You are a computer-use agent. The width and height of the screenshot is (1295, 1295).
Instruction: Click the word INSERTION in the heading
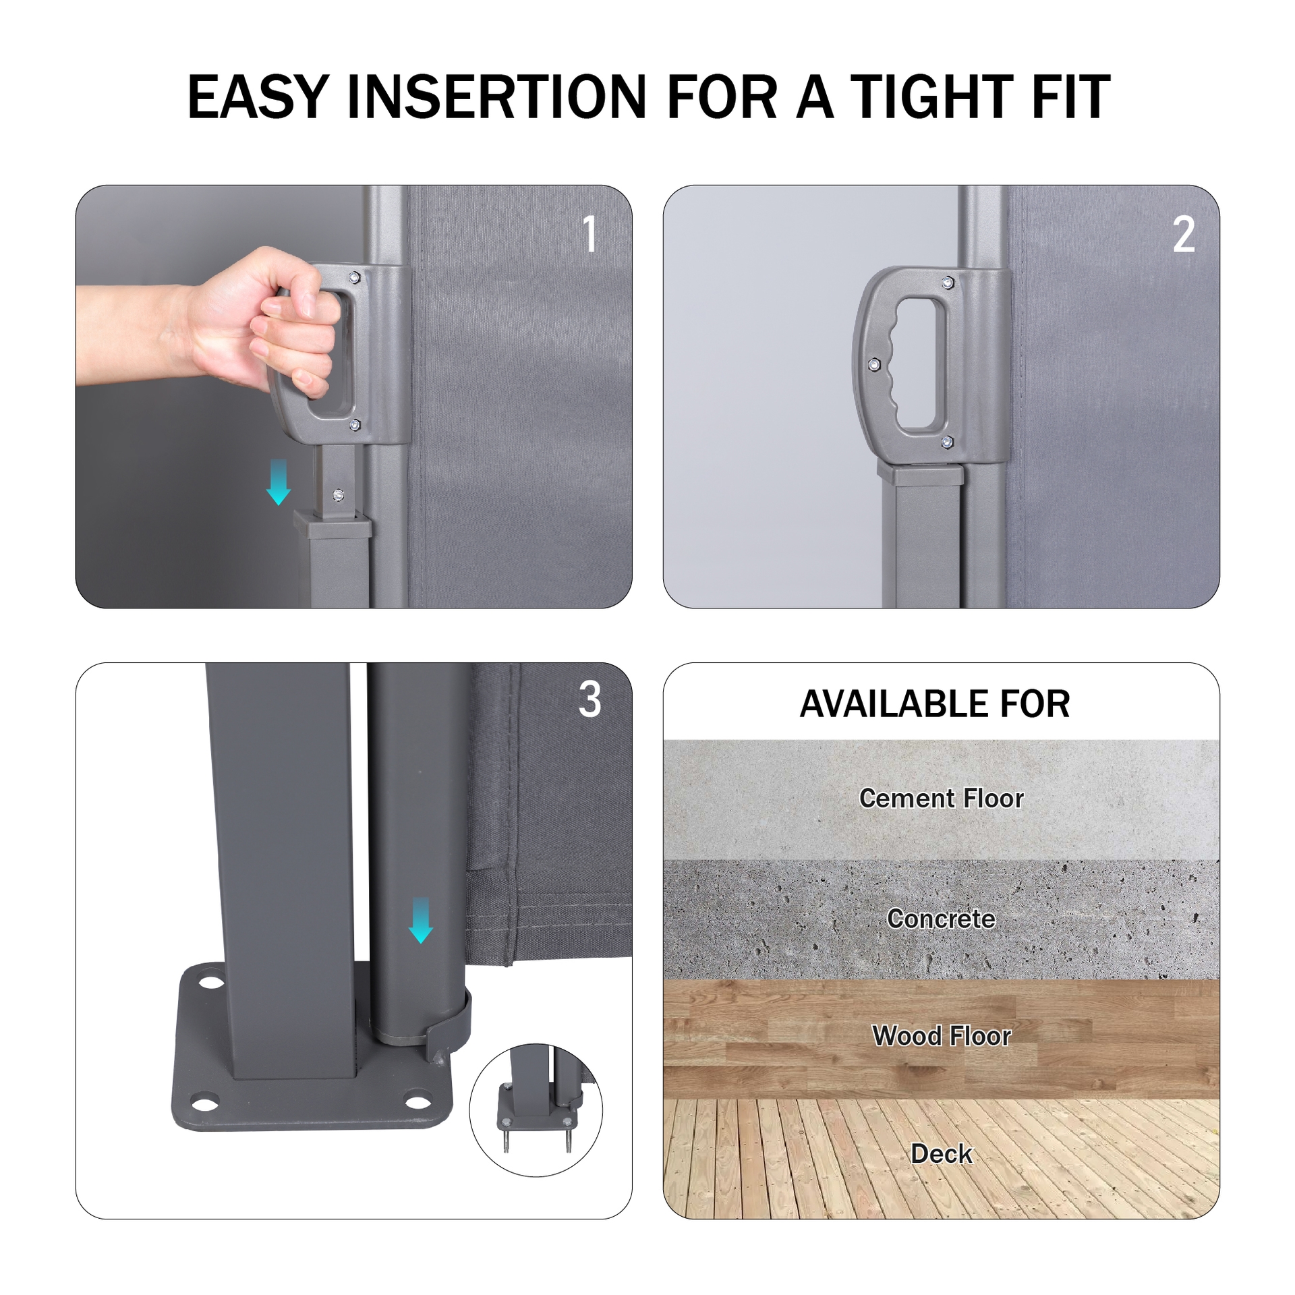[x=497, y=98]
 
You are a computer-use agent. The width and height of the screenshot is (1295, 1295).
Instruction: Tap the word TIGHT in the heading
[x=931, y=98]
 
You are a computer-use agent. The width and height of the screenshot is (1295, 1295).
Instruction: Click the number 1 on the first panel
[x=589, y=234]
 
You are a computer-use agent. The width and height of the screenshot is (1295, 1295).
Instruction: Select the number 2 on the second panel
[x=1184, y=235]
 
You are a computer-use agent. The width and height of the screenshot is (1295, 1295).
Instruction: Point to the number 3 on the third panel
[x=589, y=699]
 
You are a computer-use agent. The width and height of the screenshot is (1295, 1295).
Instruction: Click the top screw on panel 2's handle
[x=948, y=283]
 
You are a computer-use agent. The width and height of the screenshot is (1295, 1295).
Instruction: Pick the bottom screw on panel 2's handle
[x=946, y=442]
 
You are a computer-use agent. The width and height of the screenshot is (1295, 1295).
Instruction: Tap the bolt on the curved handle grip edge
[x=874, y=365]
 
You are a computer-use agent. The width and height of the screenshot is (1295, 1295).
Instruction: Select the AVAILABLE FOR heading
[x=934, y=704]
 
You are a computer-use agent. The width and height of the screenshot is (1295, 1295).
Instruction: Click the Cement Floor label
[x=941, y=799]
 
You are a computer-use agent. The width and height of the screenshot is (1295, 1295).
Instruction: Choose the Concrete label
[x=941, y=919]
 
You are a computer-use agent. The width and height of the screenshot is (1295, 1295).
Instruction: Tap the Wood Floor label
[x=941, y=1036]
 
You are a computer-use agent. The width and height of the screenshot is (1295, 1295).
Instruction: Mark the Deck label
[x=941, y=1154]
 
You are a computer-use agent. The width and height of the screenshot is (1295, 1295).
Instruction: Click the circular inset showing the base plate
[x=536, y=1110]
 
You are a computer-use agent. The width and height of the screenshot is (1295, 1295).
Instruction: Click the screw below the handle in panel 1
[x=339, y=496]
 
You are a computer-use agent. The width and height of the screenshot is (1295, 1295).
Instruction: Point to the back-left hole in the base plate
[x=211, y=981]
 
